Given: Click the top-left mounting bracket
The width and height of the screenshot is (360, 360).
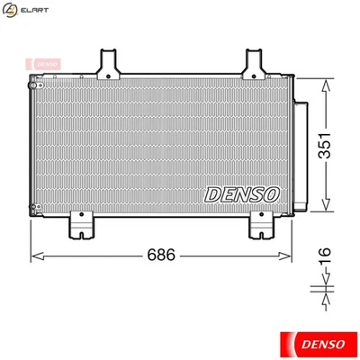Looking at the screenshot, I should (108, 63).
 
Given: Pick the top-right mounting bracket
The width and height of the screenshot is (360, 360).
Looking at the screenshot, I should (253, 63).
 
